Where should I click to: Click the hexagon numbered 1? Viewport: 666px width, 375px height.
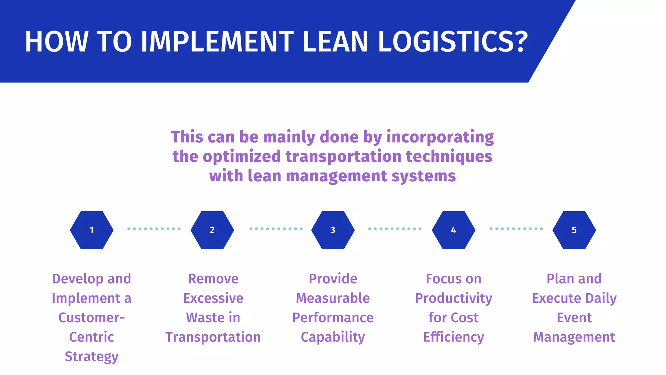92,230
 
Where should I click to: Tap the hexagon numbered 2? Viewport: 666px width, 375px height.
212,230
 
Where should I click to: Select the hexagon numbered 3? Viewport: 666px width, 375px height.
333,230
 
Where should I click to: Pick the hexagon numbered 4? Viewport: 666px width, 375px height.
453,230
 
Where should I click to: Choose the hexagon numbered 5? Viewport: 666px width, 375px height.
574,230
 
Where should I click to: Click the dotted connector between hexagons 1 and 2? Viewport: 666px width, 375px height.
154,229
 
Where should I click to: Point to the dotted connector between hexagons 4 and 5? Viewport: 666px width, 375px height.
516,229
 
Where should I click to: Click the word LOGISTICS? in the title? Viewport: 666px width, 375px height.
453,42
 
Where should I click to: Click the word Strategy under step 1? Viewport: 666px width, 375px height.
92,356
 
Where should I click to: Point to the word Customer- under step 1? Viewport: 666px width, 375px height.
92,317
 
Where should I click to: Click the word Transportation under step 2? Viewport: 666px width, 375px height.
213,337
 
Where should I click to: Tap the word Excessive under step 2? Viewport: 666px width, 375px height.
213,298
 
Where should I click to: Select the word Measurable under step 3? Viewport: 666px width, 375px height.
333,298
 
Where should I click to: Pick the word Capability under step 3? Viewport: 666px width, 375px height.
333,337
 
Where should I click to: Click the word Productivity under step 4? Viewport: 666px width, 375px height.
453,298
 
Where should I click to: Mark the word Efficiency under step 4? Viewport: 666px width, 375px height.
453,337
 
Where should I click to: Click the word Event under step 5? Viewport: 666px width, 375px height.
574,317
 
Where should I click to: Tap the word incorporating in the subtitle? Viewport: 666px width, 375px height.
440,137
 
